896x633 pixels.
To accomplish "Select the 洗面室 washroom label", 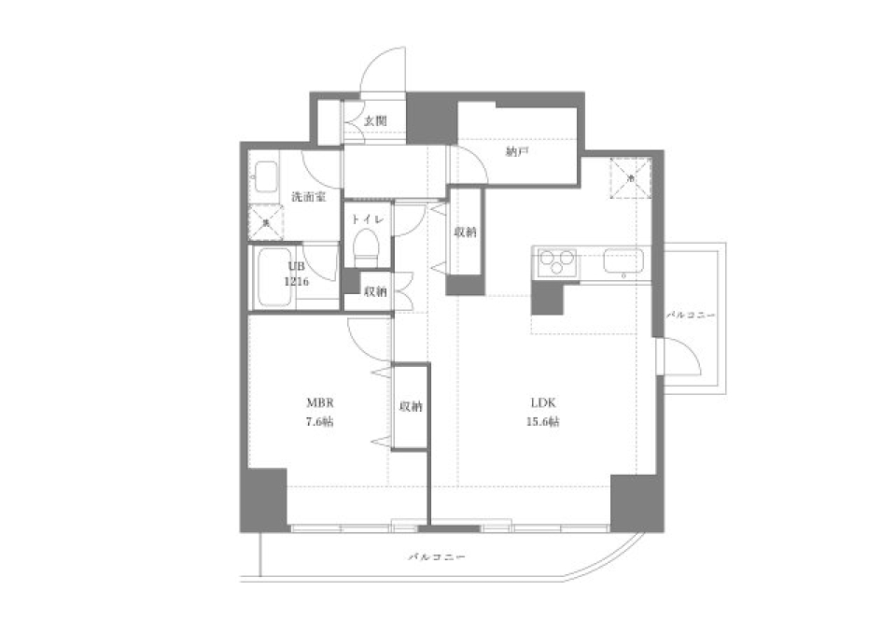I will point(307,197).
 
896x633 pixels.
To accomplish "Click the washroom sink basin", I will point(264,176).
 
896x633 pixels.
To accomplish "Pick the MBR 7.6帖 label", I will point(320,412).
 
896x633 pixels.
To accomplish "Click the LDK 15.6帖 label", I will point(544,412).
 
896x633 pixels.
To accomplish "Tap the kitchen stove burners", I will point(554,262).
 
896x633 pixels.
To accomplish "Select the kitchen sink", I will point(623,261).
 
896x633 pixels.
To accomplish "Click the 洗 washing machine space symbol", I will point(265,222).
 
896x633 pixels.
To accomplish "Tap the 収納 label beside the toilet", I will point(376,291).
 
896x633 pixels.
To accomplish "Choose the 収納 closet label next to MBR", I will point(410,406).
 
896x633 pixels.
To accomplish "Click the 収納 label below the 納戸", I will point(465,232).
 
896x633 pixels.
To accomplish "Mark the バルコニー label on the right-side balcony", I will point(691,316).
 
